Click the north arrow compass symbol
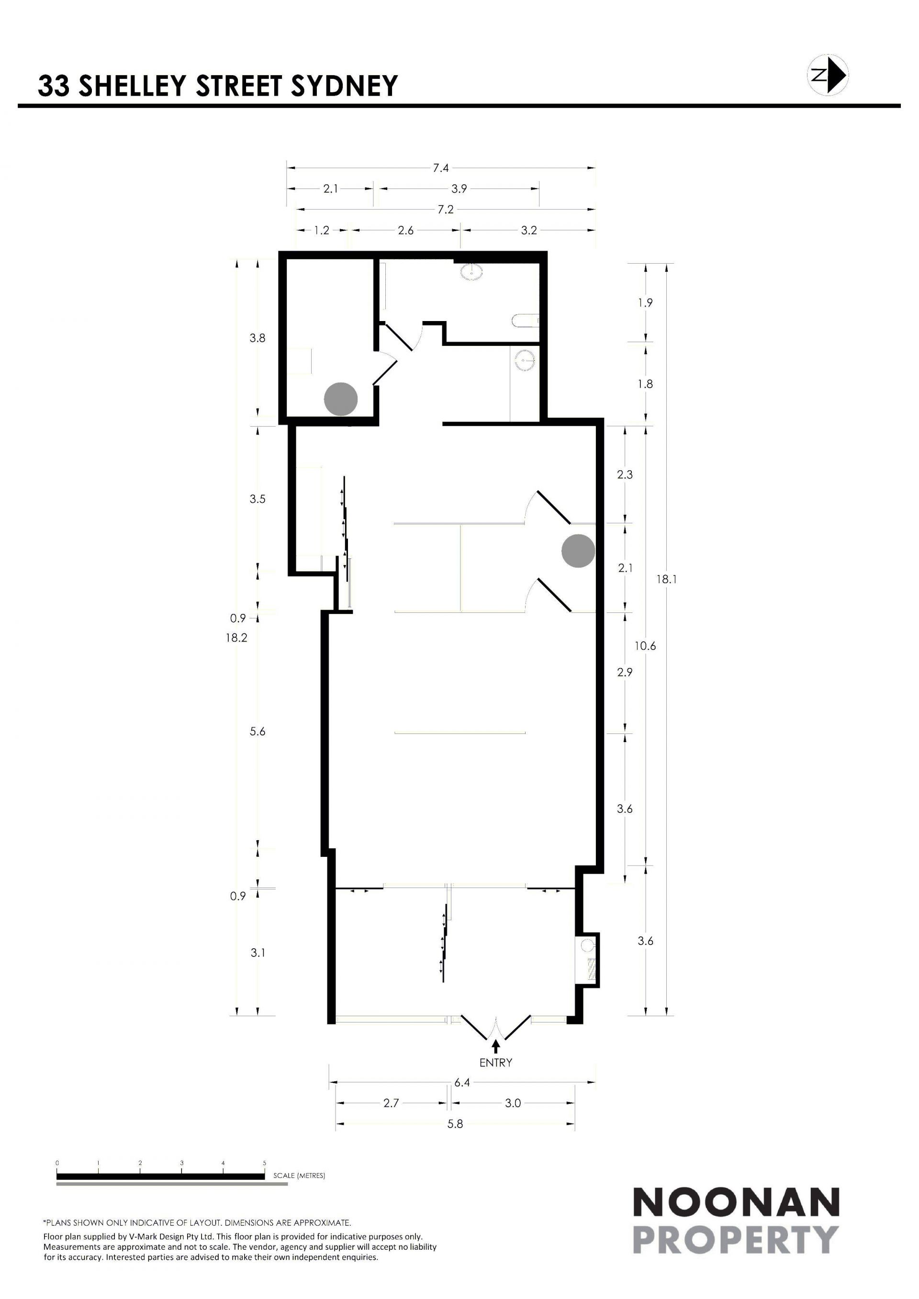[x=827, y=74]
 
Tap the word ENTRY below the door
[x=496, y=1063]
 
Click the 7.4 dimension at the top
[x=441, y=167]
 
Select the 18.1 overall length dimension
[x=667, y=579]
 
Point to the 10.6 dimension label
[x=645, y=645]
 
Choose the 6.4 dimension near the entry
[x=462, y=1082]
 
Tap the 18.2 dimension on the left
[x=236, y=638]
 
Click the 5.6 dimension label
[x=258, y=732]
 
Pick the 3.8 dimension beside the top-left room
[x=258, y=338]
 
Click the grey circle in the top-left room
[x=341, y=399]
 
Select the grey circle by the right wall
[x=578, y=551]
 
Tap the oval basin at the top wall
[x=472, y=272]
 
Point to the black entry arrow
[x=496, y=1045]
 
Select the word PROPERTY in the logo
[x=736, y=1240]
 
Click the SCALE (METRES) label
[x=299, y=1175]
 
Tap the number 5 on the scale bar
[x=264, y=1163]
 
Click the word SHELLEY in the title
[x=132, y=86]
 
